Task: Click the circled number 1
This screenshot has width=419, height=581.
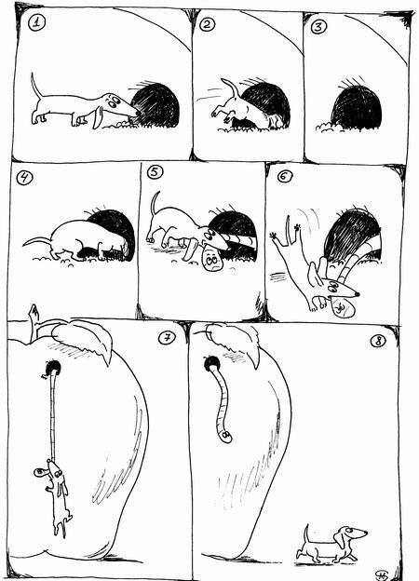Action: pyautogui.click(x=36, y=23)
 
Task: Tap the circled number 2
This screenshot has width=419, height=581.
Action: pyautogui.click(x=207, y=24)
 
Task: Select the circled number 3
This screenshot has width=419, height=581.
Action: pyautogui.click(x=318, y=27)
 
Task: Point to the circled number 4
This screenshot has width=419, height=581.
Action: pyautogui.click(x=24, y=178)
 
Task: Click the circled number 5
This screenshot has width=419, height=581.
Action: pyautogui.click(x=155, y=172)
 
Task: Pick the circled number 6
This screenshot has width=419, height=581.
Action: pyautogui.click(x=285, y=176)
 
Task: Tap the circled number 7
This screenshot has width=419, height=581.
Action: pyautogui.click(x=167, y=338)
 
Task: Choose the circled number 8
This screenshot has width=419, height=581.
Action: pyautogui.click(x=378, y=341)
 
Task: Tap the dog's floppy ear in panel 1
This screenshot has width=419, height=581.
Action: pyautogui.click(x=98, y=117)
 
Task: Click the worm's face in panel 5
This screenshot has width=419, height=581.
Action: pyautogui.click(x=212, y=261)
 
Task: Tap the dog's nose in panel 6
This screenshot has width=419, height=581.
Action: pyautogui.click(x=358, y=294)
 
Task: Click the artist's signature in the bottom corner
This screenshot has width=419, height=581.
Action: pyautogui.click(x=382, y=574)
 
